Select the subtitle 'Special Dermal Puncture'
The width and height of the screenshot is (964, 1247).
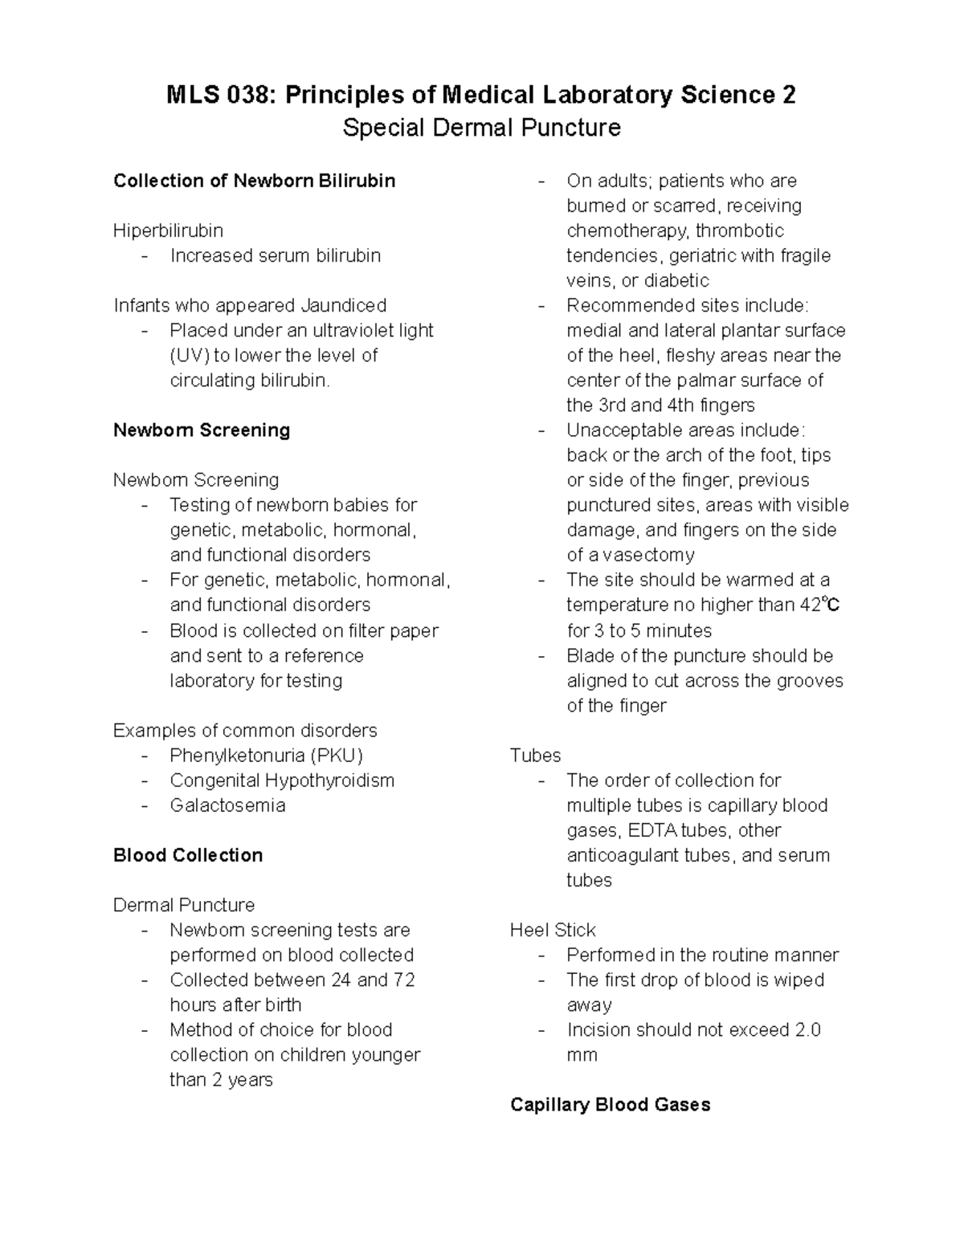click(x=481, y=128)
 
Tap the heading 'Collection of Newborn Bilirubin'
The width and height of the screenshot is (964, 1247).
click(x=254, y=181)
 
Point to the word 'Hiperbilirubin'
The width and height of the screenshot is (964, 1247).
click(x=168, y=230)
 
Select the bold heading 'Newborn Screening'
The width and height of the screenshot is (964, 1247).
click(x=202, y=430)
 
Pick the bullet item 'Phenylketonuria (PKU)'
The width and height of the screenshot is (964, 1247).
click(x=266, y=755)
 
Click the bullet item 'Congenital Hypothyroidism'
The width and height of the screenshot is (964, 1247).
click(x=281, y=780)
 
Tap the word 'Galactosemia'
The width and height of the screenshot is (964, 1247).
click(x=227, y=805)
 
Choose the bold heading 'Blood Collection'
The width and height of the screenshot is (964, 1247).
click(x=188, y=855)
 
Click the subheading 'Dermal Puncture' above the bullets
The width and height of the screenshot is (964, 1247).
click(x=184, y=905)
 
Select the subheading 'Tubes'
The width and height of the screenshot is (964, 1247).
click(x=535, y=755)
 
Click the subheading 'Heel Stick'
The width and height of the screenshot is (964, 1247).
click(x=553, y=930)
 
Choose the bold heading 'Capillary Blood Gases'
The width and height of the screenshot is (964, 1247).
click(x=610, y=1105)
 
